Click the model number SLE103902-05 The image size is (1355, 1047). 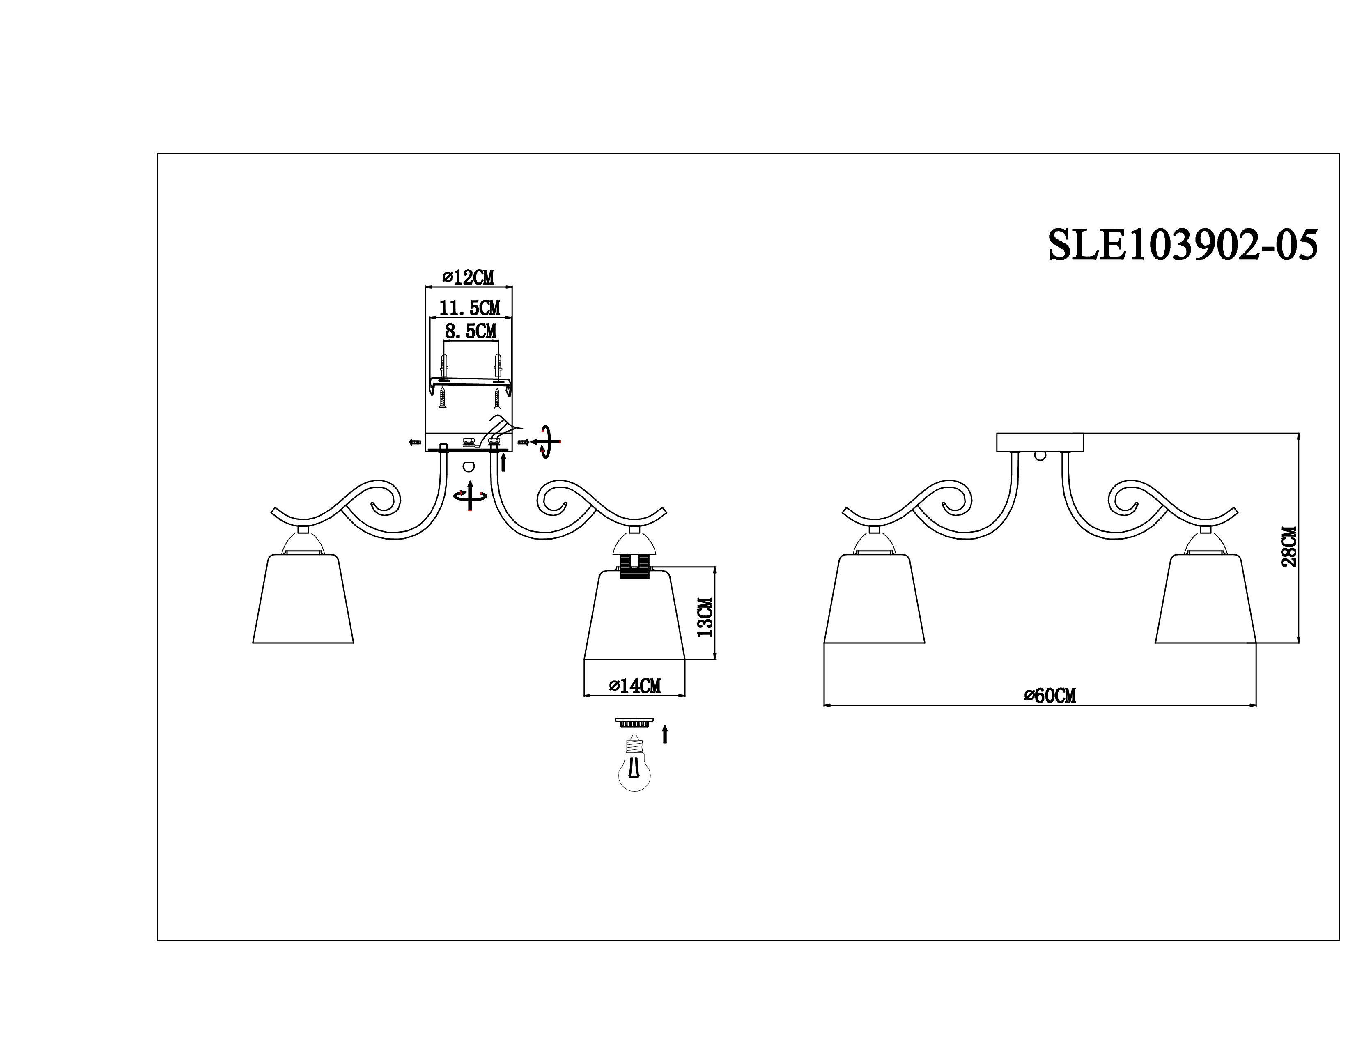1182,246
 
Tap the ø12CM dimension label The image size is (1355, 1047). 469,277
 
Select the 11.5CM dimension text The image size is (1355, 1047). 470,308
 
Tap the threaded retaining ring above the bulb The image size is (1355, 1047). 634,722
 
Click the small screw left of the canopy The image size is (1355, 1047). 414,442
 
